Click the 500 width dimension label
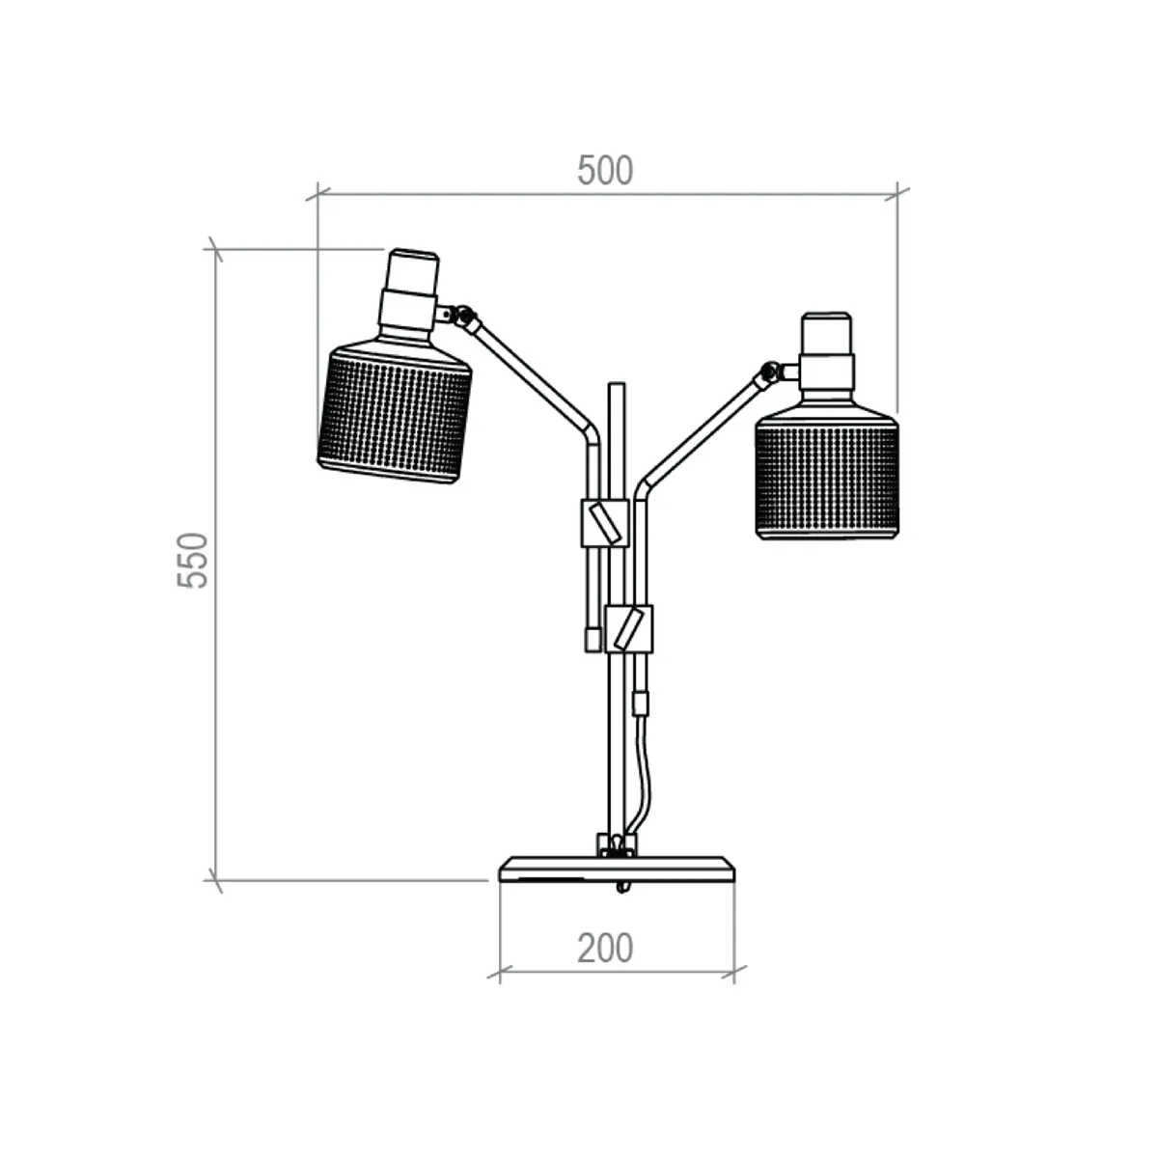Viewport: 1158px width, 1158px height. tap(605, 171)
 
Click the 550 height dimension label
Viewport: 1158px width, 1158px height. tap(193, 560)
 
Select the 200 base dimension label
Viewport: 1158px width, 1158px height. tap(605, 949)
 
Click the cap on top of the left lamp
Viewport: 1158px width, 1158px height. tap(413, 269)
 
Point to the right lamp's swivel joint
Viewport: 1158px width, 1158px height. tap(770, 372)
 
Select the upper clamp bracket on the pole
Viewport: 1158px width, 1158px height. tap(604, 523)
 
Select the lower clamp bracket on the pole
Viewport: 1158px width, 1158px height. tap(628, 628)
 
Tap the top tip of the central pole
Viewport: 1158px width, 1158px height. tap(616, 387)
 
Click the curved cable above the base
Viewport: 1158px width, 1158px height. tap(641, 772)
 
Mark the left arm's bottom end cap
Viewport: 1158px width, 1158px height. tap(592, 639)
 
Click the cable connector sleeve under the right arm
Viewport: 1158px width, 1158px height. tap(640, 703)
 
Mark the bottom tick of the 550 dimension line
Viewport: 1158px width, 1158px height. tap(215, 880)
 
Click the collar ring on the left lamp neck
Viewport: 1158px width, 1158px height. tap(407, 309)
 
